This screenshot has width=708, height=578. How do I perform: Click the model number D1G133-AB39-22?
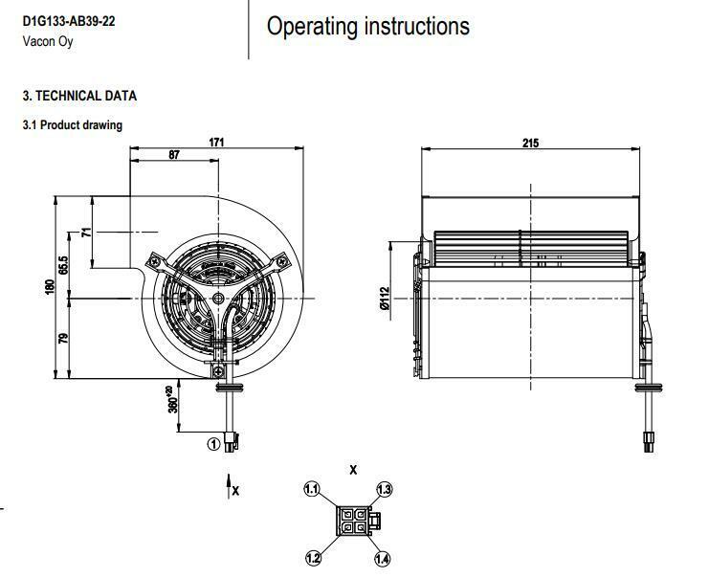(69, 20)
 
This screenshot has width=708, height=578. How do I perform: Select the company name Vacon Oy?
(47, 42)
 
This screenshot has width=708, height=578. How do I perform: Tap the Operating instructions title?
(367, 26)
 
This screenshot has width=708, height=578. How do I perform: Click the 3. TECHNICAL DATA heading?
(79, 97)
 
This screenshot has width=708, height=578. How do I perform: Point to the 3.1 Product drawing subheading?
(73, 125)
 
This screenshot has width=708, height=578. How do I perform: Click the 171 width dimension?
(217, 143)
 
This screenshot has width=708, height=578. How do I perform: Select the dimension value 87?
(174, 155)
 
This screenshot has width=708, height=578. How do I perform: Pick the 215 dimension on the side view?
(531, 144)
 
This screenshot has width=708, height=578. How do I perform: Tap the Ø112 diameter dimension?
(385, 300)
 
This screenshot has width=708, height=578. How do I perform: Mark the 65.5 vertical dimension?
(63, 265)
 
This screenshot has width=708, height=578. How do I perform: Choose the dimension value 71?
(86, 233)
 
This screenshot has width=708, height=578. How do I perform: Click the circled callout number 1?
(215, 443)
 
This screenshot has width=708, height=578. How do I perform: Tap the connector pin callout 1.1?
(311, 490)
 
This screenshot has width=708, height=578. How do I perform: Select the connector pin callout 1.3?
(384, 490)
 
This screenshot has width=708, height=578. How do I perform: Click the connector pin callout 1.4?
(384, 558)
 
